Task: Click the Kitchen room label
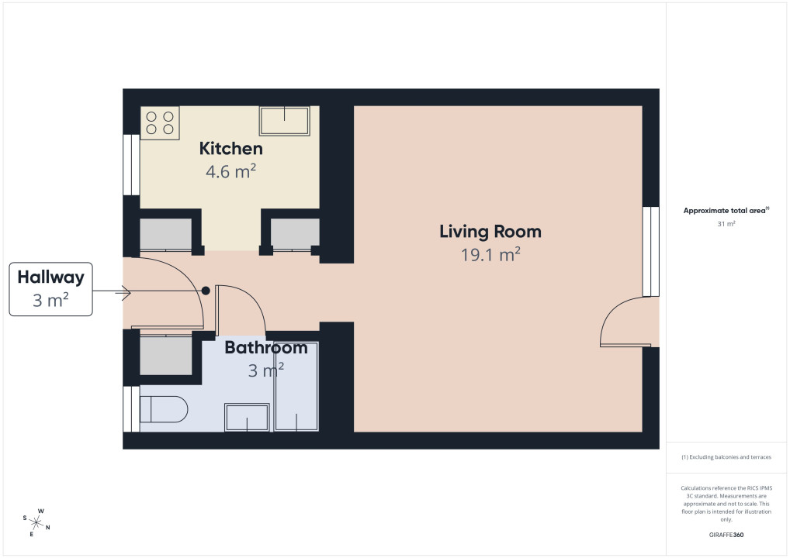(x=230, y=149)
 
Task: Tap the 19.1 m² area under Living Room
(x=490, y=255)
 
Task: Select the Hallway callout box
(x=51, y=289)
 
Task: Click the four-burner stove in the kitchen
(x=160, y=122)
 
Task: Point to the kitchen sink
(x=284, y=121)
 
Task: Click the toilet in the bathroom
(x=163, y=409)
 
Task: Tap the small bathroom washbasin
(x=247, y=417)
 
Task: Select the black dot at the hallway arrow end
(x=206, y=291)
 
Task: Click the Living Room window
(x=651, y=252)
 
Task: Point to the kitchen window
(x=131, y=164)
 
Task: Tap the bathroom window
(x=131, y=408)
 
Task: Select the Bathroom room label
(x=266, y=347)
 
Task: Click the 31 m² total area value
(x=726, y=224)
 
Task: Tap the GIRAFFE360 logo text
(x=726, y=535)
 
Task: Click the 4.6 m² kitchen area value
(x=230, y=171)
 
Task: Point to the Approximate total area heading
(x=726, y=210)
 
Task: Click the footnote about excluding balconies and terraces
(x=726, y=457)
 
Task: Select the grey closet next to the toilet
(x=166, y=355)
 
